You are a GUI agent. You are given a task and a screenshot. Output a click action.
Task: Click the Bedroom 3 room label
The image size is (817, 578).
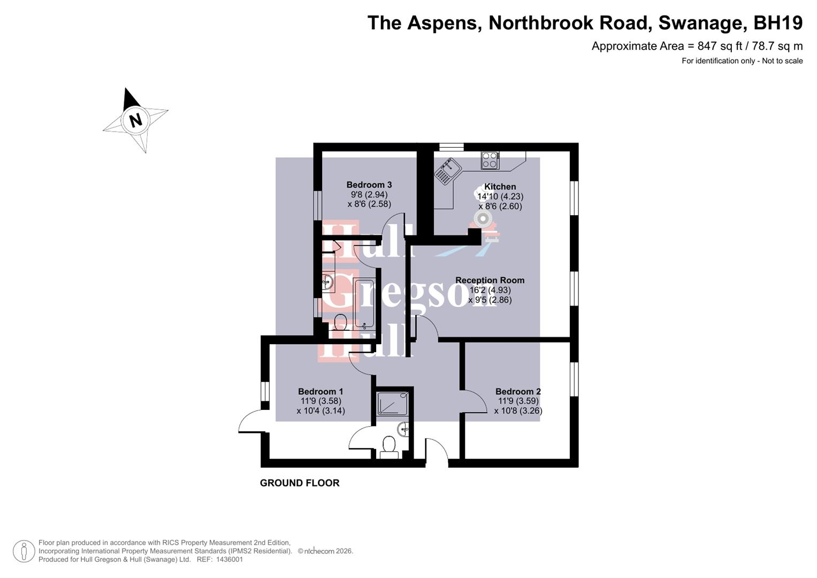click(369, 185)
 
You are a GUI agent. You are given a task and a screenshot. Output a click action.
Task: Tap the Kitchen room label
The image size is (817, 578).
click(500, 187)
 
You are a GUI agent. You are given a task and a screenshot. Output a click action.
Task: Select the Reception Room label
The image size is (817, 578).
click(490, 280)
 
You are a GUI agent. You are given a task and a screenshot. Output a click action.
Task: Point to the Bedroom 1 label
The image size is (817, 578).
click(320, 392)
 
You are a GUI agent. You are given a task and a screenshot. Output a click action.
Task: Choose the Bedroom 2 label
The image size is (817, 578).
click(518, 392)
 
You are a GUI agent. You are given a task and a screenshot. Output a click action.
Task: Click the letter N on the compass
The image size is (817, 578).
click(136, 120)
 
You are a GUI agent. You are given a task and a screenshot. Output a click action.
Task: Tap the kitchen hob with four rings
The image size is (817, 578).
click(490, 160)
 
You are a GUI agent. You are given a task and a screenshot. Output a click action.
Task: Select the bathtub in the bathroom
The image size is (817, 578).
click(364, 304)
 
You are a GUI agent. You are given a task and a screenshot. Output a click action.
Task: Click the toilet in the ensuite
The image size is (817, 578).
click(389, 445)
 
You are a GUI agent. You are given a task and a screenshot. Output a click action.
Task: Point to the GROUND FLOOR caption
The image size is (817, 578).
click(300, 483)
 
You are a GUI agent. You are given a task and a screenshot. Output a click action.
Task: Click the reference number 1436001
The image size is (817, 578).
click(229, 559)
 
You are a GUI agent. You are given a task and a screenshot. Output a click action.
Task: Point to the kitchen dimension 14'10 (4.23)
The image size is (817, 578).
click(500, 196)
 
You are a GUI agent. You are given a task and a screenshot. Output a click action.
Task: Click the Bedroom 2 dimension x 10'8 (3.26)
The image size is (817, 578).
click(518, 411)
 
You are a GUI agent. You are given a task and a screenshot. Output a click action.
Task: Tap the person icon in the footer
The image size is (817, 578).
click(23, 551)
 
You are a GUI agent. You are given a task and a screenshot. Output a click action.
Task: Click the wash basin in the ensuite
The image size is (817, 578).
click(404, 428)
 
